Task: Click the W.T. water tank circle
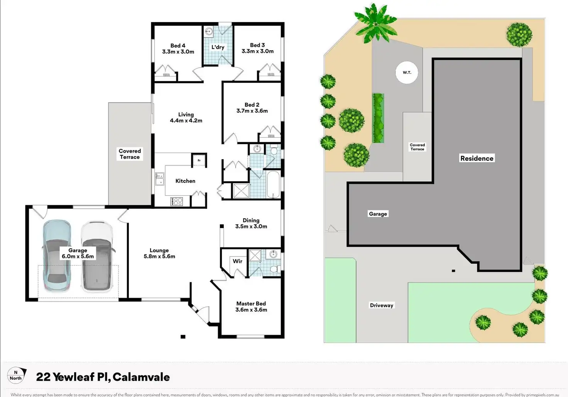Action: pyautogui.click(x=407, y=72)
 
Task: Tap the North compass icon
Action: pyautogui.click(x=16, y=375)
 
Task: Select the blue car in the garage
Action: pyautogui.click(x=57, y=255)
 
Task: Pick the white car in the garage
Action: pyautogui.click(x=97, y=256)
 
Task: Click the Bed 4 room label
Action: pyautogui.click(x=178, y=49)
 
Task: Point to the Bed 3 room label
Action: pyautogui.click(x=257, y=48)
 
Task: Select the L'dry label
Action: pyautogui.click(x=218, y=47)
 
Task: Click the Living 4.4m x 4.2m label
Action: pyautogui.click(x=186, y=118)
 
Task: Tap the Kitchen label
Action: pyautogui.click(x=185, y=181)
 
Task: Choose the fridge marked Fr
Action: pyautogui.click(x=199, y=160)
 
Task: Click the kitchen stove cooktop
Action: pyautogui.click(x=177, y=201)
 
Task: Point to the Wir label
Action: pyautogui.click(x=237, y=261)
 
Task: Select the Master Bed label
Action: pyautogui.click(x=251, y=307)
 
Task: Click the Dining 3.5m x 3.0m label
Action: pyautogui.click(x=251, y=223)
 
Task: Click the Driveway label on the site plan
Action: pyautogui.click(x=381, y=305)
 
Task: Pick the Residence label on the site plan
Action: pyautogui.click(x=477, y=158)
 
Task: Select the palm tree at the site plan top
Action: pyautogui.click(x=375, y=23)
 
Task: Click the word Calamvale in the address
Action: pyautogui.click(x=141, y=377)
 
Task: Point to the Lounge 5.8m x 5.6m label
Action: pyautogui.click(x=159, y=253)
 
